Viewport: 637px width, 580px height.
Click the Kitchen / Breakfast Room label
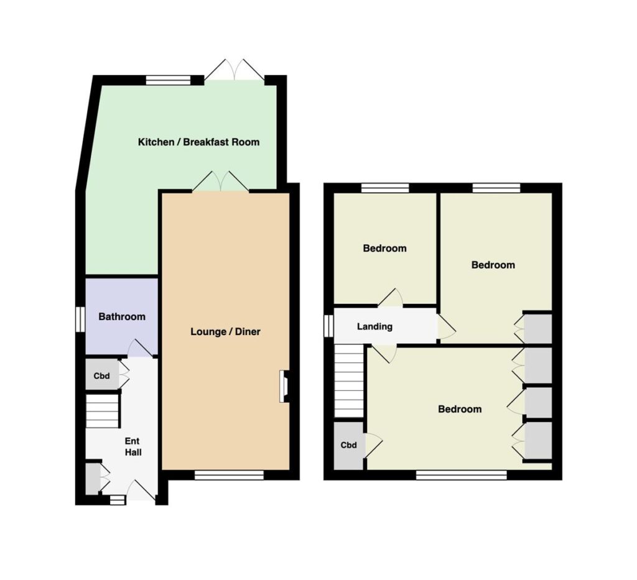(198, 142)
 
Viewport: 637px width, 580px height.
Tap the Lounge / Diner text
(225, 331)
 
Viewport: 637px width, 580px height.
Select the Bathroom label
(122, 316)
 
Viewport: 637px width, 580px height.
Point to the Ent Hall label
(133, 446)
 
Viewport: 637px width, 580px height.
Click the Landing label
(374, 326)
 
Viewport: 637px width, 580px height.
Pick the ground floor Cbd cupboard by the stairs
(102, 375)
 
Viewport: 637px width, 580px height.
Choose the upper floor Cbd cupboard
(348, 446)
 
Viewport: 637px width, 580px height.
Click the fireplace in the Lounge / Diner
(284, 387)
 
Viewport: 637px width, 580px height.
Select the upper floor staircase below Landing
(349, 381)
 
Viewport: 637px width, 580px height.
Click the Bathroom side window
(80, 320)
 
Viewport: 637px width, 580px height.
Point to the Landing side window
(328, 326)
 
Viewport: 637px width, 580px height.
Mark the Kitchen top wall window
(168, 80)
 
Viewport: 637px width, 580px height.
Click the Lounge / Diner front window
(229, 475)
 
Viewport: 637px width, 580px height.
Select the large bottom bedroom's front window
(462, 475)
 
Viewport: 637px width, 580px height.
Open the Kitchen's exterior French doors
(235, 70)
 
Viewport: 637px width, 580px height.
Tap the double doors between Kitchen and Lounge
(221, 182)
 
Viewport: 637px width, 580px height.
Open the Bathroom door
(141, 349)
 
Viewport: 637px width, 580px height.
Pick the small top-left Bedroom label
(384, 249)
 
